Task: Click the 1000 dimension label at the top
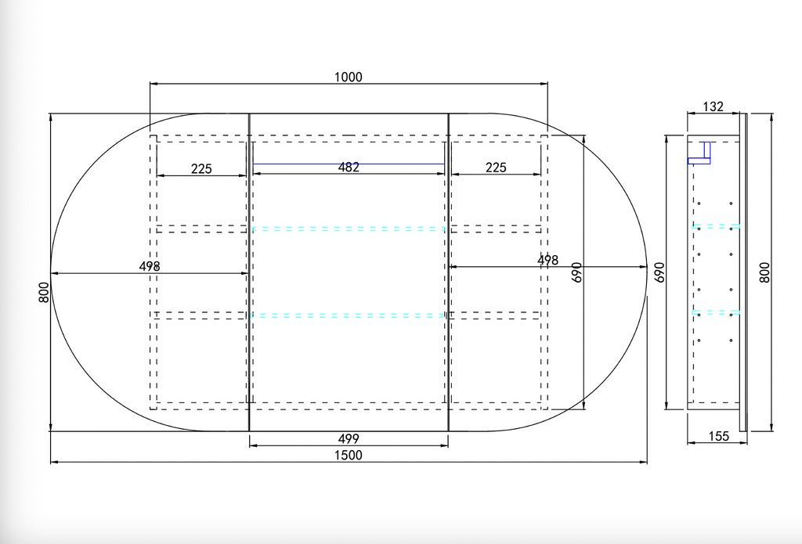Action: point(349,77)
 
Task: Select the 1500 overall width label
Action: point(349,455)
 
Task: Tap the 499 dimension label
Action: point(349,438)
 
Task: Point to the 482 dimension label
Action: point(349,168)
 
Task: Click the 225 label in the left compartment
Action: point(201,169)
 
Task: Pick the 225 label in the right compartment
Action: point(496,168)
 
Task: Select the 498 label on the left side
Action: point(150,266)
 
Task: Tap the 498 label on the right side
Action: point(547,260)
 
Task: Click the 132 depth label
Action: point(713,106)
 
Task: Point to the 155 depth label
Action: point(719,436)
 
